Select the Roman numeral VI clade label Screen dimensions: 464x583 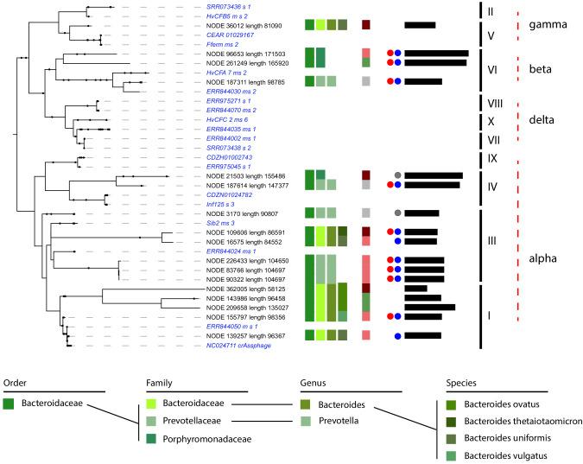[x=490, y=67]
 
